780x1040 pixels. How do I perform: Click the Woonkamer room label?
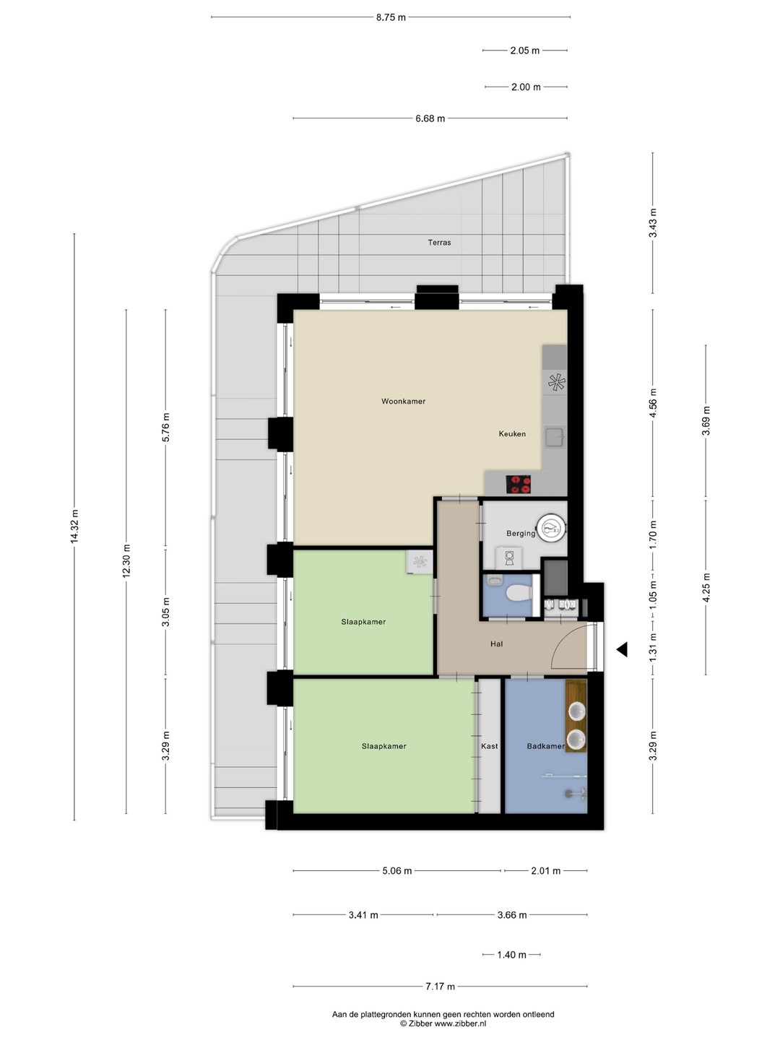403,402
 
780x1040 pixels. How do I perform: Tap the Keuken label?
512,433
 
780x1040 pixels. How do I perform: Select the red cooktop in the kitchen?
518,484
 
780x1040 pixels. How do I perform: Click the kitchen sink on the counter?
554,437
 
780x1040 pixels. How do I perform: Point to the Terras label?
439,242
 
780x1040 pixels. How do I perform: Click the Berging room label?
521,534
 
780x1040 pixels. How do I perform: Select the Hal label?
496,644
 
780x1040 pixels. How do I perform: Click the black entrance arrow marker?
622,649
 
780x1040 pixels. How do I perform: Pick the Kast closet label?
489,746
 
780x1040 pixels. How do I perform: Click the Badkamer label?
545,746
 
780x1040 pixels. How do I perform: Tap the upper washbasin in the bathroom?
576,711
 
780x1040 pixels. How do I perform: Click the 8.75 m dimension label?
391,17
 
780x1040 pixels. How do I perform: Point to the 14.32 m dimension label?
74,527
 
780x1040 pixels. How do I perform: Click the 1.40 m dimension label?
511,955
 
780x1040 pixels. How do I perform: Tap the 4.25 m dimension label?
706,587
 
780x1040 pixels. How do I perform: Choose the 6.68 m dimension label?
430,118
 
